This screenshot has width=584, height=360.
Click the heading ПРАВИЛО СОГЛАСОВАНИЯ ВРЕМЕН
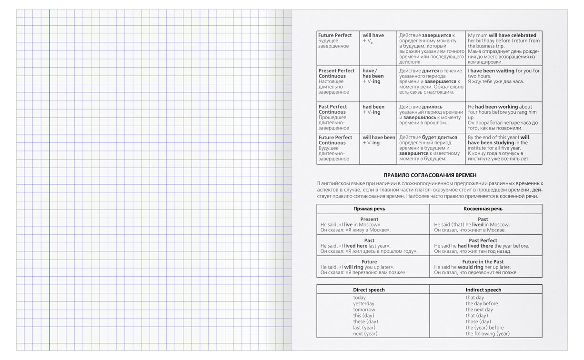point(430,175)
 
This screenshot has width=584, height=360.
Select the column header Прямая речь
point(369,209)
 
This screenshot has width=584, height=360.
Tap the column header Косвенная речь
point(483,209)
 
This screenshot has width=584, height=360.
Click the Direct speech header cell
point(369,290)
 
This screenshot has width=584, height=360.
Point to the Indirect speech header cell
point(483,290)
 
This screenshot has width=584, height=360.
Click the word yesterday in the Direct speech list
point(363,303)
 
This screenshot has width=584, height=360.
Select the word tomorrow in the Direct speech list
point(364,310)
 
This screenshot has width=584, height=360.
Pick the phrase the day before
point(482,303)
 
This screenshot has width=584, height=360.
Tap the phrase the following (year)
point(487,334)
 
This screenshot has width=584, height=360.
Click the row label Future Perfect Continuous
point(335,140)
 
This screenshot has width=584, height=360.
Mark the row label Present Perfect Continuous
point(336,73)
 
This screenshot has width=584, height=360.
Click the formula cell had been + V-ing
point(373,110)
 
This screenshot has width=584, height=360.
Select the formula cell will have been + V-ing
point(379,140)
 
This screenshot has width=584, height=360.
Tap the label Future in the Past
point(483,262)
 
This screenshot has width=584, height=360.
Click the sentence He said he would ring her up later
point(472,268)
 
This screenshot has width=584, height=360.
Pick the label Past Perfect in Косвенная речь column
point(483,240)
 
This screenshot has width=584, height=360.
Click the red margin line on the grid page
point(49,181)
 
